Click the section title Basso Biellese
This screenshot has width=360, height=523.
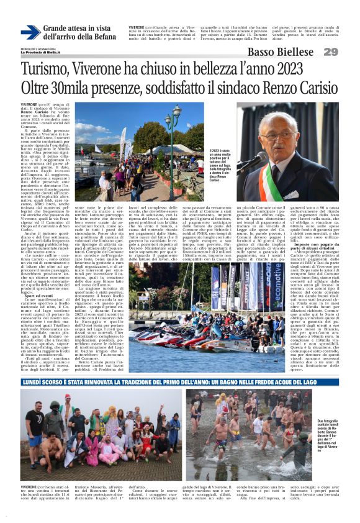(281, 52)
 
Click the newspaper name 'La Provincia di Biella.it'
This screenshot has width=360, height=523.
(40, 54)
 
